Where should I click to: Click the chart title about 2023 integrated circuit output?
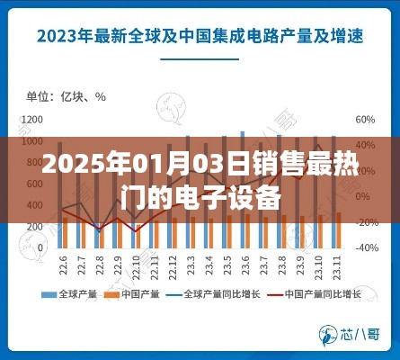pyautogui.click(x=200, y=38)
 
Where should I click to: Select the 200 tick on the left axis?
pyautogui.click(x=34, y=226)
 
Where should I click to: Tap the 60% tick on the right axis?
pyautogui.click(x=365, y=119)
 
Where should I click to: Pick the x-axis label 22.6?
pyautogui.click(x=65, y=267)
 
